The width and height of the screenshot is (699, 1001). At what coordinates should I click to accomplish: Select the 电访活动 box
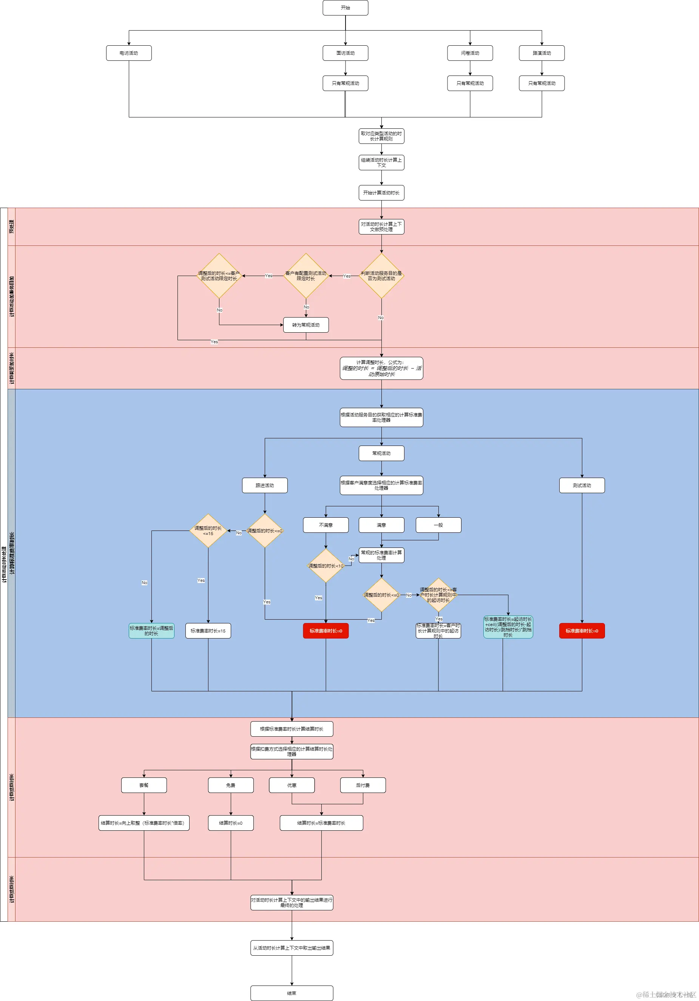129,53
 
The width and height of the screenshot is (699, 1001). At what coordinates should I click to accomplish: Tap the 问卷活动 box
470,53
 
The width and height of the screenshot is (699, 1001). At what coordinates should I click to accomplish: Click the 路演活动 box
541,53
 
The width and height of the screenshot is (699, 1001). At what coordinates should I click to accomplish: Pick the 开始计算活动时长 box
381,193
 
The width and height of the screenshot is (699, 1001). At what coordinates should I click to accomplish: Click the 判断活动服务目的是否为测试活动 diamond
381,276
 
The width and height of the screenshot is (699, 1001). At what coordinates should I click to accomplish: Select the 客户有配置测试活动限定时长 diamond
306,276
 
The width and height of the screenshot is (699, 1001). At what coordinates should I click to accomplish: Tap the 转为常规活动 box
306,325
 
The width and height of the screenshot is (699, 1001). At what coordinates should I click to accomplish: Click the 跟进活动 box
265,485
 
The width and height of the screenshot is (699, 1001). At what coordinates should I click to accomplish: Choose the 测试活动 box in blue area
581,485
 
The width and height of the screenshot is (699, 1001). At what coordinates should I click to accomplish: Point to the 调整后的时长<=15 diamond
208,531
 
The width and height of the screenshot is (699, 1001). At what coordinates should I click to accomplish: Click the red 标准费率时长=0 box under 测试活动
581,631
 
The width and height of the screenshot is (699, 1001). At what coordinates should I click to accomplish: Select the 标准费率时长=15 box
208,631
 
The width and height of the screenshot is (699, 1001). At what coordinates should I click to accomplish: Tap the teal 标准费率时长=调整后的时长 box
151,631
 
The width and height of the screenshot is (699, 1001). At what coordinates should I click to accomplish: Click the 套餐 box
144,785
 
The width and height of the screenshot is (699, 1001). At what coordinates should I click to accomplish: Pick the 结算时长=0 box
231,823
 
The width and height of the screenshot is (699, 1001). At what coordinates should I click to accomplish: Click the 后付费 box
363,785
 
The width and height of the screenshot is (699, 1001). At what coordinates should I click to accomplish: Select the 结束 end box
292,993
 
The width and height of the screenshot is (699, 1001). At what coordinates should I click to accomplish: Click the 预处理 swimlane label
11,226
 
